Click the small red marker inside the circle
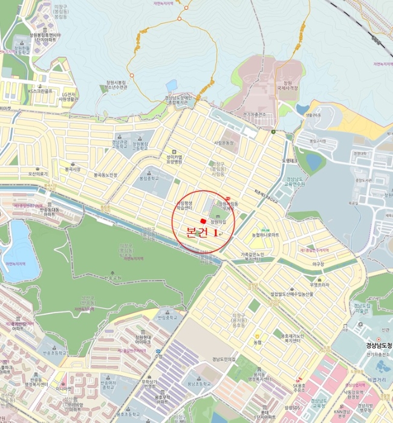[202, 221]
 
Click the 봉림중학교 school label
[149, 179]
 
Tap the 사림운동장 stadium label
[227, 143]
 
